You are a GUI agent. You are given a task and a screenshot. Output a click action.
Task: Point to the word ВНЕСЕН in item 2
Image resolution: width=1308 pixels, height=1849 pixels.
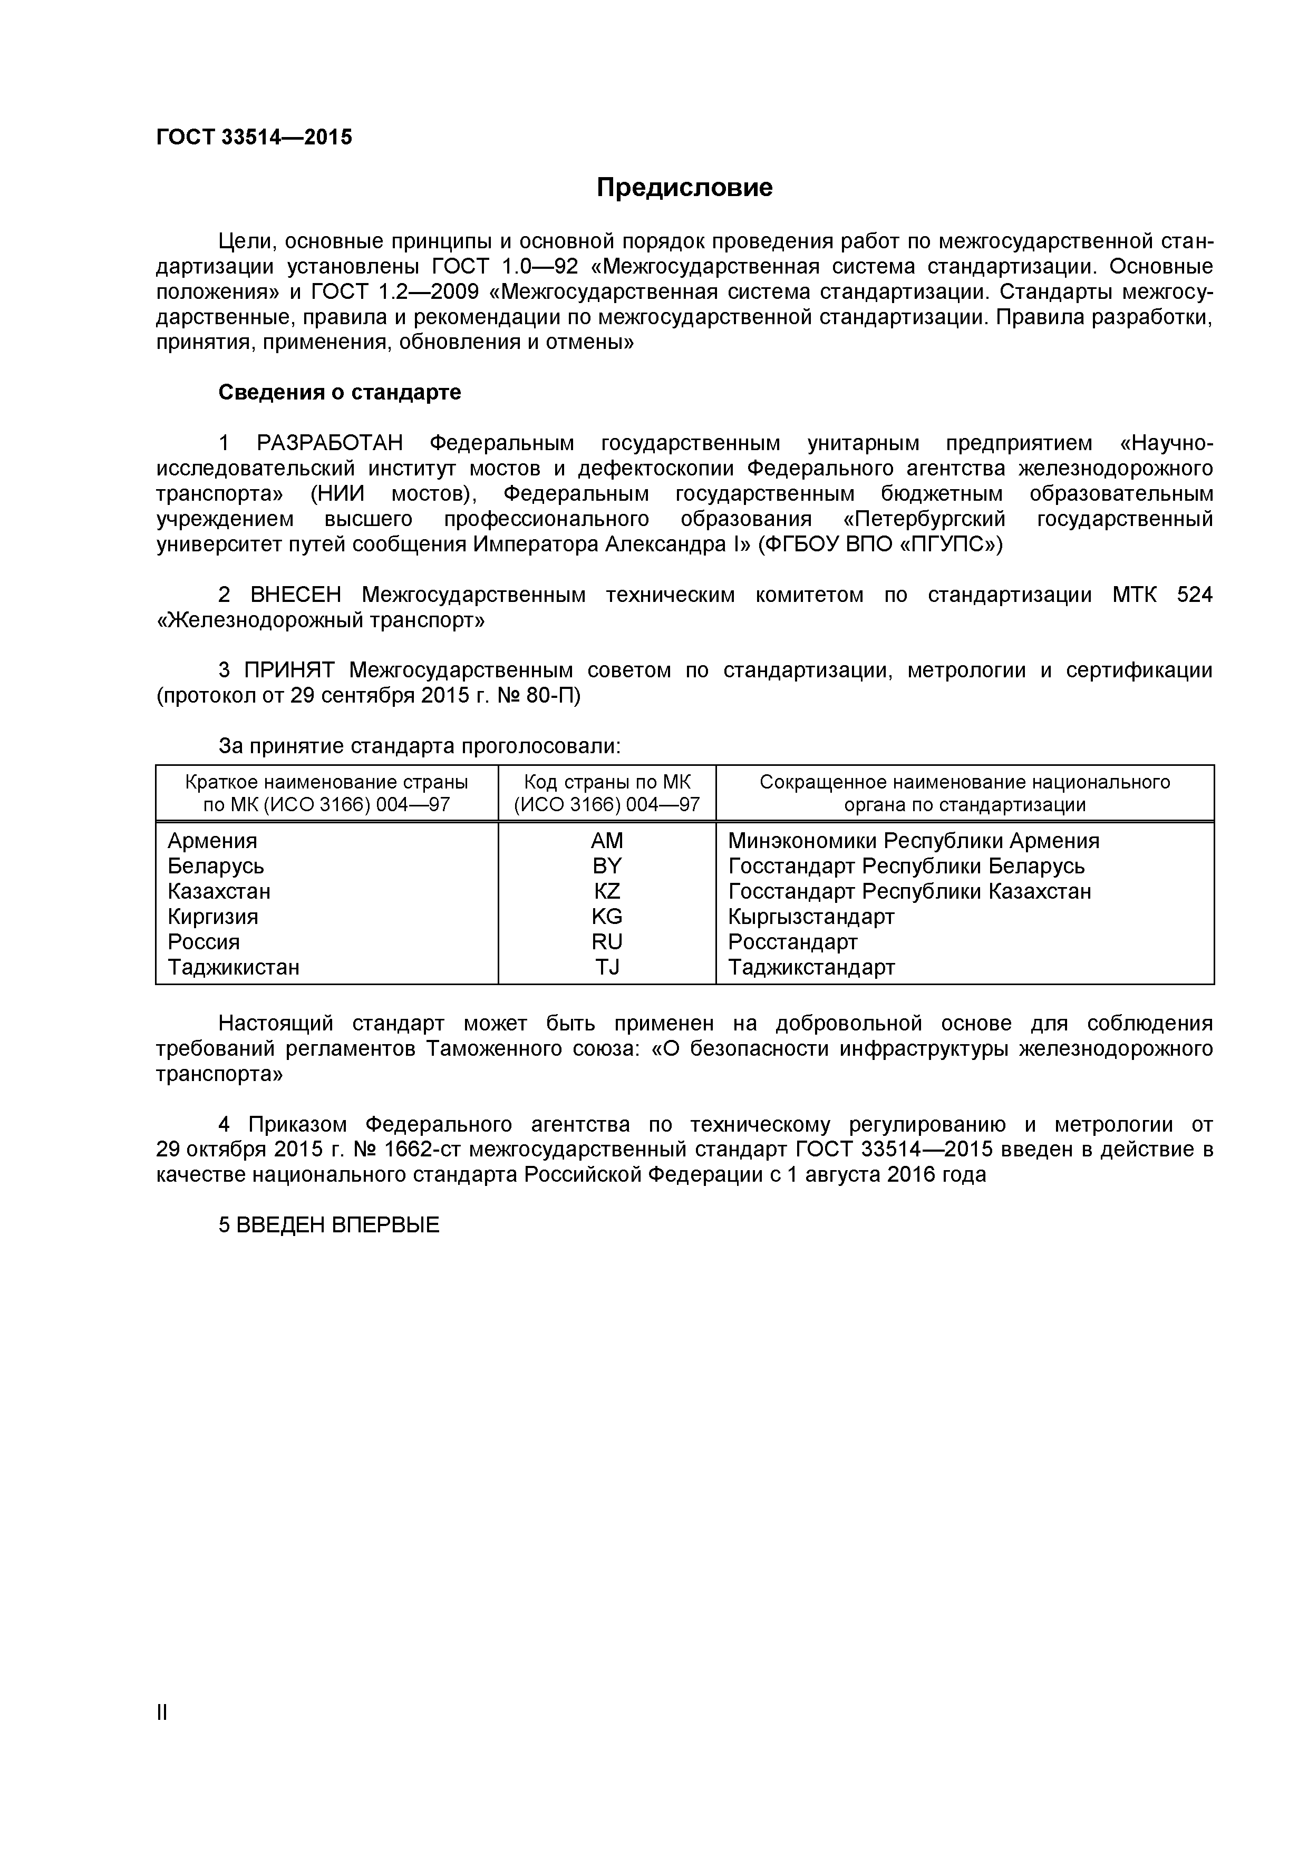pos(296,595)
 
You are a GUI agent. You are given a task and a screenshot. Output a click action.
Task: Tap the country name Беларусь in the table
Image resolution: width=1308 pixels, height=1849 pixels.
pos(216,867)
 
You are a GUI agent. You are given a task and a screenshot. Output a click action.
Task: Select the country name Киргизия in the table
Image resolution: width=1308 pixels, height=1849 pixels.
pos(212,917)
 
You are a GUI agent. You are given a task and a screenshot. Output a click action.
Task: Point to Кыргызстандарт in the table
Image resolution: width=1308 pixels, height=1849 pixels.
pos(811,917)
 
